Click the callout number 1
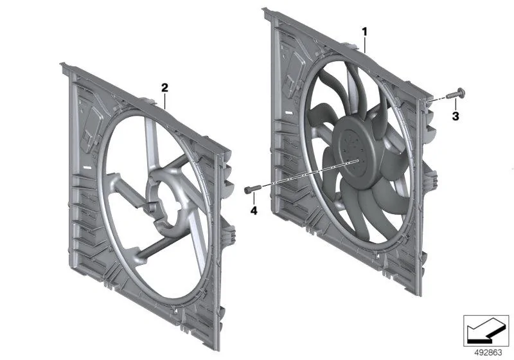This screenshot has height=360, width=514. (x=364, y=32)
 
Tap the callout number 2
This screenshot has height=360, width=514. (x=164, y=87)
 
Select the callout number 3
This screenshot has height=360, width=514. (x=456, y=116)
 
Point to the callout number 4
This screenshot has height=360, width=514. (x=254, y=210)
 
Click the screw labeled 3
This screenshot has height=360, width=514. (x=456, y=93)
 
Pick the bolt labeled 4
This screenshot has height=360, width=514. (x=253, y=189)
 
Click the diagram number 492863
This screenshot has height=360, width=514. (x=488, y=353)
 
